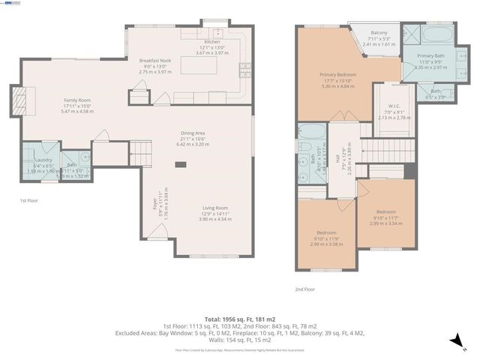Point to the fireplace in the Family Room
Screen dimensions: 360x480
point(19,98)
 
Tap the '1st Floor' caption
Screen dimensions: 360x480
point(28,201)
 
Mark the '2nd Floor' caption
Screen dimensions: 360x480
point(304,288)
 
